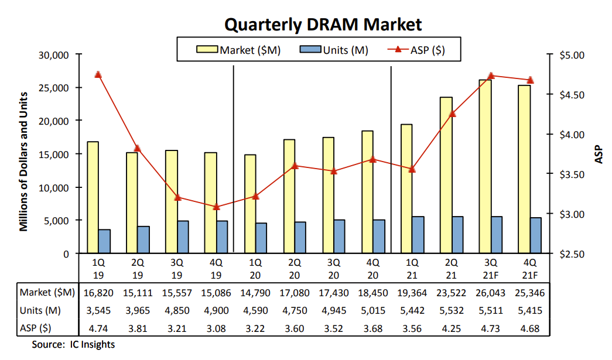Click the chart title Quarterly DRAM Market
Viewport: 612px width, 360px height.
tap(323, 25)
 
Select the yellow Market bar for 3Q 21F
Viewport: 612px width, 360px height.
tap(485, 166)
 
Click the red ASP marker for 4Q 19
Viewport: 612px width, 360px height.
tap(216, 207)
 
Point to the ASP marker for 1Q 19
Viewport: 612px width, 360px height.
tap(98, 74)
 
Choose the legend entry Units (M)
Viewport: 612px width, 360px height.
tap(334, 50)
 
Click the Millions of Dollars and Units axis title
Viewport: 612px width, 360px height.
tap(25, 161)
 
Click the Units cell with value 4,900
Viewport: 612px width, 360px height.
tap(216, 310)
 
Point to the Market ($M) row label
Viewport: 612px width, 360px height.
tap(47, 292)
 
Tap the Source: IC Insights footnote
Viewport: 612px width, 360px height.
tap(73, 345)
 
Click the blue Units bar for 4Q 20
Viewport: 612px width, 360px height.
tap(379, 236)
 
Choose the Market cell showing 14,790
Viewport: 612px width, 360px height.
tap(255, 292)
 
